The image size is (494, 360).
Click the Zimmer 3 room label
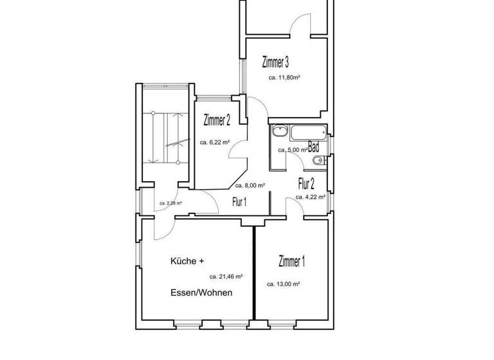coord(275,62)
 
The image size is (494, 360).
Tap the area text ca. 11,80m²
coord(286,78)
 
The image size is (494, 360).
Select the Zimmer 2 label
coord(217,120)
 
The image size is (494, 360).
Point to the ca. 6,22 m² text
coord(214,143)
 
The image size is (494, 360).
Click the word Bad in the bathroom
coord(314,147)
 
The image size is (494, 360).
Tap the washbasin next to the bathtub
coord(279,132)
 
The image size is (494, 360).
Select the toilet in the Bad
coord(324,161)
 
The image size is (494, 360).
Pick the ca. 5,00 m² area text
coord(293,150)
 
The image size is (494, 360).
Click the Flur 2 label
coord(306,182)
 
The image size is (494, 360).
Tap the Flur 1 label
coord(240,202)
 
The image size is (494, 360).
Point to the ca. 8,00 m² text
coord(250,185)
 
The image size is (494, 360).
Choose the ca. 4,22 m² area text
coord(310,197)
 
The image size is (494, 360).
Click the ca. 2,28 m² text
coord(170,203)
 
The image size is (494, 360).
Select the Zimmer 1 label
coord(291,262)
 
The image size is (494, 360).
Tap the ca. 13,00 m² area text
coord(284,283)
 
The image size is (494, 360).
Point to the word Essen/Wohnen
coord(201,292)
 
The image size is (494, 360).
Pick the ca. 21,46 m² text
coord(226,276)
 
